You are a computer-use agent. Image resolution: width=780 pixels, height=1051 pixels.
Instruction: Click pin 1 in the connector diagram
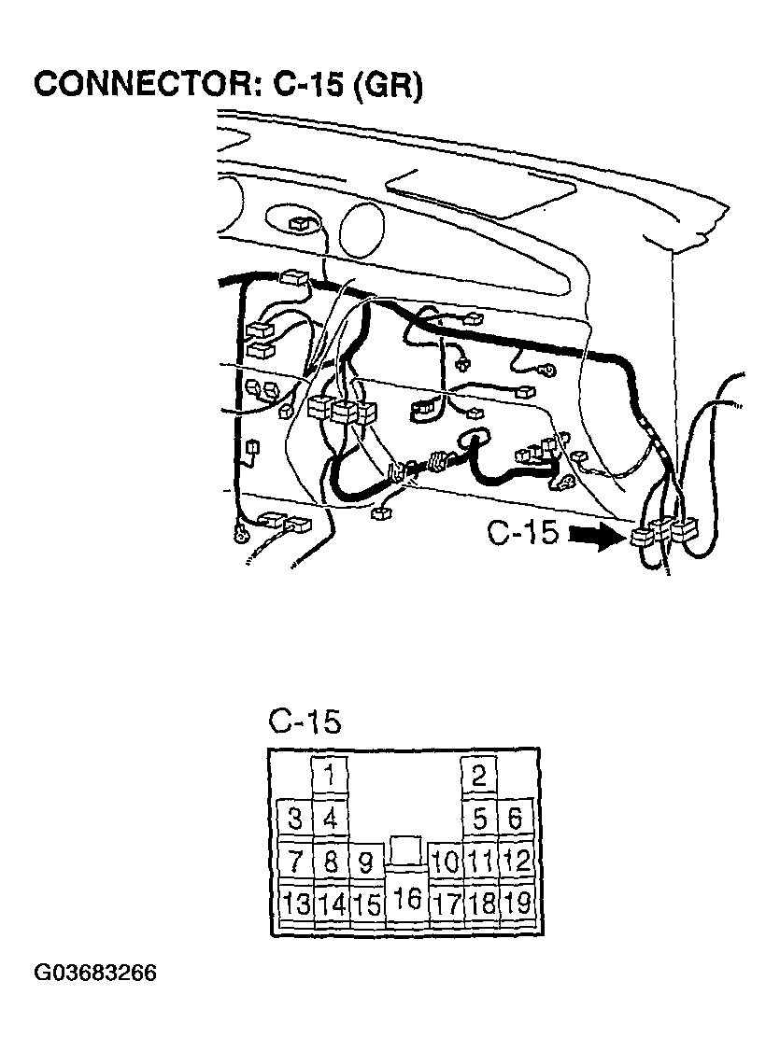[x=330, y=777]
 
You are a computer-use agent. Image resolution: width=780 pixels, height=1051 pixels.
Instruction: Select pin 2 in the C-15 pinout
[x=479, y=777]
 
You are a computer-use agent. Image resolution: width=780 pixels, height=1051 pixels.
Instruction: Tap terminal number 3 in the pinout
[x=295, y=819]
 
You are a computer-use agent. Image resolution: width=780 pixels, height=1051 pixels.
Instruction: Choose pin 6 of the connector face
[x=515, y=819]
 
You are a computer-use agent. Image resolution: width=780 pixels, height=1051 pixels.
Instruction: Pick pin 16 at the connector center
[x=406, y=898]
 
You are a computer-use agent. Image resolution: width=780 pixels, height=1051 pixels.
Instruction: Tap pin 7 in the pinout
[x=295, y=861]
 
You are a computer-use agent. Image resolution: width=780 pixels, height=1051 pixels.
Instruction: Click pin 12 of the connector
[x=515, y=861]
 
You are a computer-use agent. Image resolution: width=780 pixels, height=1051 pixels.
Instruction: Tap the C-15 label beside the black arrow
[x=522, y=533]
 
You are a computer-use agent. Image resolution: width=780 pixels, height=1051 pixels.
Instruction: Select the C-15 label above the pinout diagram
[x=305, y=722]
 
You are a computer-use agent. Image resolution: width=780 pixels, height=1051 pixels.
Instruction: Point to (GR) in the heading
[x=389, y=86]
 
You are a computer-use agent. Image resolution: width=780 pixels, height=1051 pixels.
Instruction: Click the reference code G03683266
[x=95, y=973]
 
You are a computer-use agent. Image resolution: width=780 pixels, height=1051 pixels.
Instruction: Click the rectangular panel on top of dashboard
[x=481, y=192]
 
